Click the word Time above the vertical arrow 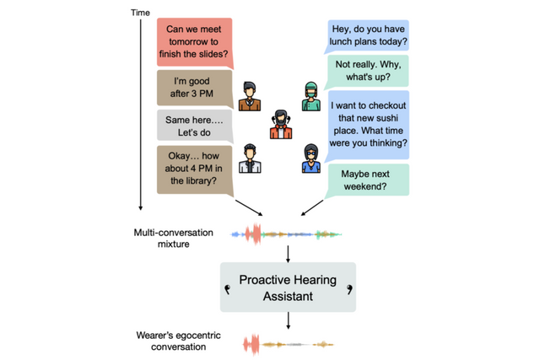pos(141,13)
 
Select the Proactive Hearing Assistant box pos(288,287)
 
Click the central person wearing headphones pos(281,125)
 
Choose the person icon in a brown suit pos(250,96)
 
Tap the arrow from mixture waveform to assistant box pos(288,252)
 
